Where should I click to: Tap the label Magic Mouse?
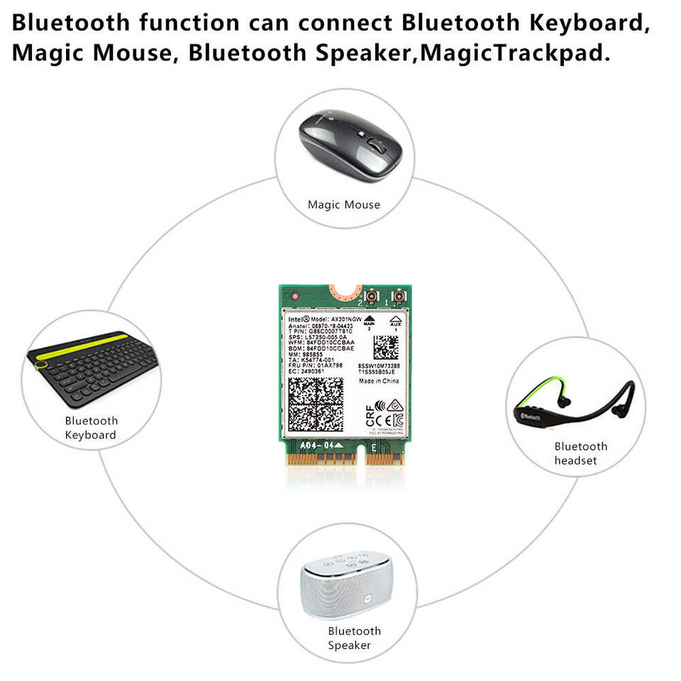344,205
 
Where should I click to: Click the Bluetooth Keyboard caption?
92,428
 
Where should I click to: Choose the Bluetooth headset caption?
580,453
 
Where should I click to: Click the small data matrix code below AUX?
386,348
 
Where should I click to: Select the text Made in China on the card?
379,381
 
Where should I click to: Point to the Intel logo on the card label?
297,319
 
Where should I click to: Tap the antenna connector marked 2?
370,297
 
